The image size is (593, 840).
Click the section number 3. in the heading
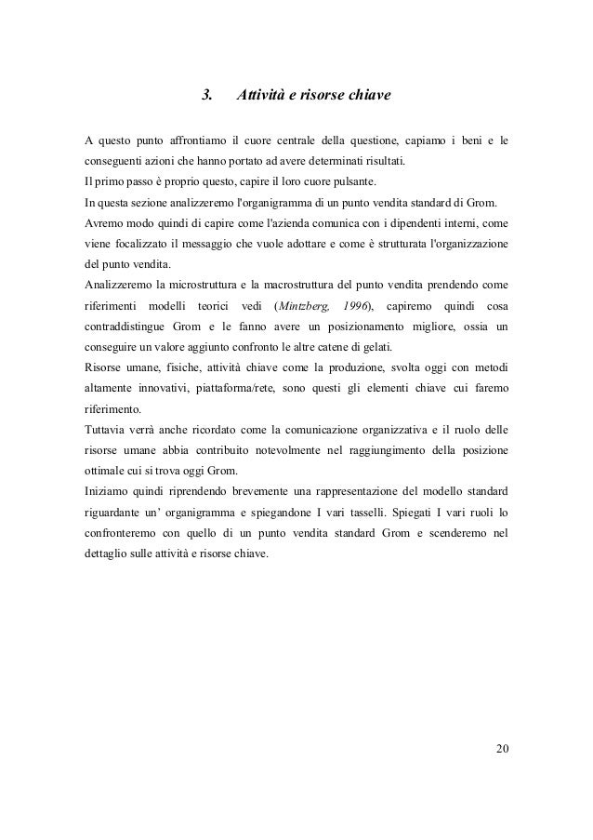tap(207, 95)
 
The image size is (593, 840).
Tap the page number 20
tap(503, 750)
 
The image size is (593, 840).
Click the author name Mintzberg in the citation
tap(306, 306)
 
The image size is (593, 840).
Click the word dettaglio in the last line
tap(110, 554)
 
